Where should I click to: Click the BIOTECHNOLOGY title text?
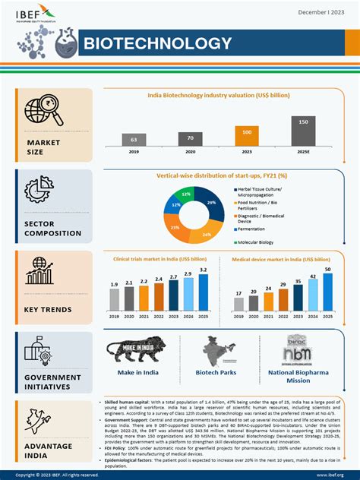click(x=157, y=44)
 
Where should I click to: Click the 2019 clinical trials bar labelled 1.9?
click(x=114, y=299)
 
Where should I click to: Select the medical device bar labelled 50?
click(x=328, y=292)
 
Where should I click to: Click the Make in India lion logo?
click(x=137, y=351)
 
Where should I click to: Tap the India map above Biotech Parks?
click(x=219, y=350)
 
